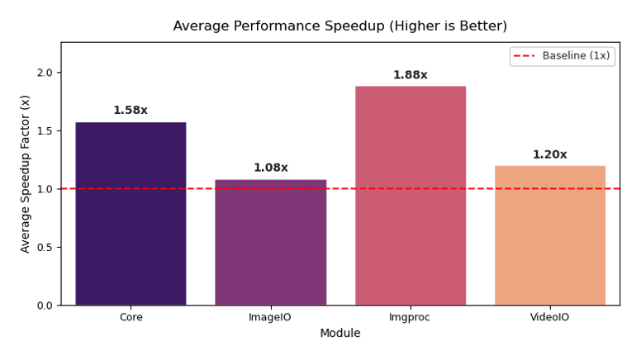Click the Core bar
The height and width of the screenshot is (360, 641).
(131, 214)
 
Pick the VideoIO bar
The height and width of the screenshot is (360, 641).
(550, 235)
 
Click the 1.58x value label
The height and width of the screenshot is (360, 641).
(131, 111)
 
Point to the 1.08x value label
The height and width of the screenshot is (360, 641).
(270, 168)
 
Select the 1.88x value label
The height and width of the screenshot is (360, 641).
(411, 75)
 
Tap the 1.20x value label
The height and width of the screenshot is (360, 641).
(550, 154)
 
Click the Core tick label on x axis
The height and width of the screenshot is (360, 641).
(131, 317)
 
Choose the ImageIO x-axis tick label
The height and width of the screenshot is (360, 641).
(270, 317)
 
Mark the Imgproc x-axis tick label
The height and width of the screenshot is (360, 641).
(411, 317)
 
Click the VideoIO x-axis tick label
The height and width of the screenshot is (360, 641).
(550, 317)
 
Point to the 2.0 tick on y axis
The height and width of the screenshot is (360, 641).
(44, 73)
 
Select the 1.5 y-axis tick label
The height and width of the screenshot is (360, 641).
(44, 130)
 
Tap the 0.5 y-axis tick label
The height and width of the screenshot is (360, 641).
(44, 247)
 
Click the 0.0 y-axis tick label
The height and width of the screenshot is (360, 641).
(44, 306)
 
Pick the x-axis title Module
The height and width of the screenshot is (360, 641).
(340, 334)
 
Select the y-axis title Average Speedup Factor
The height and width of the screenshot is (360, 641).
(26, 173)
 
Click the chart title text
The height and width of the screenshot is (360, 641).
(340, 26)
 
